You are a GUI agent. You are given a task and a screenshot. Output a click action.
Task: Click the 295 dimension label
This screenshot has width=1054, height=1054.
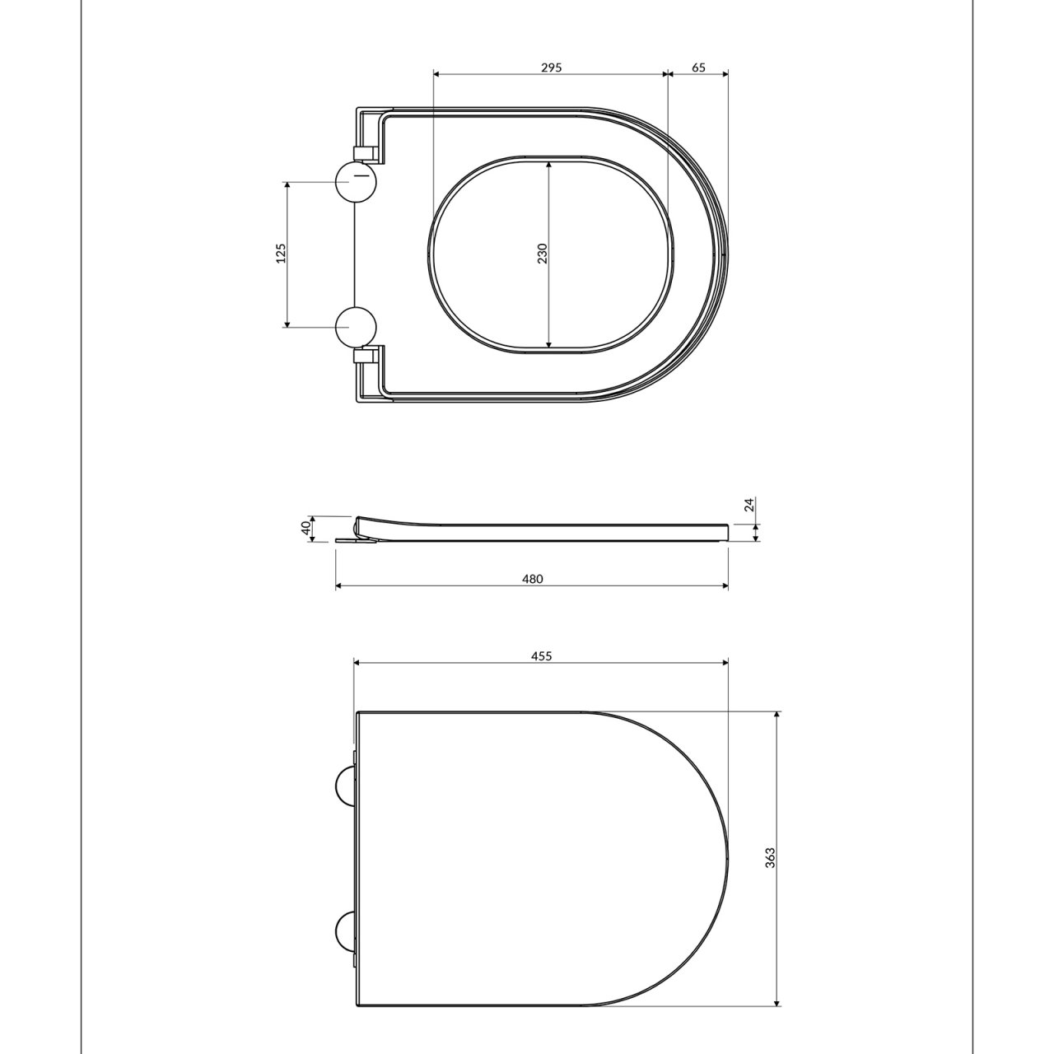(x=552, y=68)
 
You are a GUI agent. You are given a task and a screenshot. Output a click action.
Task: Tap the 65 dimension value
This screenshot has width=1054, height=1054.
(x=698, y=68)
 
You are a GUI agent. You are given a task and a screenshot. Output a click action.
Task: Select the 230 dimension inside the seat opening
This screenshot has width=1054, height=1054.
(x=542, y=254)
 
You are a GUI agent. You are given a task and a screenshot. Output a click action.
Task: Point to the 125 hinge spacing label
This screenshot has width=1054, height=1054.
(x=281, y=254)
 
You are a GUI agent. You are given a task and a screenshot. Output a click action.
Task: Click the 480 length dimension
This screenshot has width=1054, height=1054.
(x=533, y=579)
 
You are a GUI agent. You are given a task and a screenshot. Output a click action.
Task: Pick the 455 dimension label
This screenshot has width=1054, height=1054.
(x=542, y=655)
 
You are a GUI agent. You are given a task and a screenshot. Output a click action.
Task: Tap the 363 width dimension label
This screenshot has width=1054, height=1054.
(x=771, y=858)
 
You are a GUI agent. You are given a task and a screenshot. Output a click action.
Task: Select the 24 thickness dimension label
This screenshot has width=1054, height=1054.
(x=750, y=504)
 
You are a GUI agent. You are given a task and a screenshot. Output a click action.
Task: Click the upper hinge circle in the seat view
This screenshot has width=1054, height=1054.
(x=356, y=182)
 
